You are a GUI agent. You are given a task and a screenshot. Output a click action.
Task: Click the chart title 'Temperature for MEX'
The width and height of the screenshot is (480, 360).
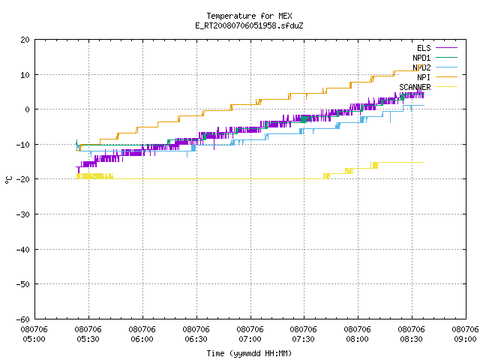tap(249, 16)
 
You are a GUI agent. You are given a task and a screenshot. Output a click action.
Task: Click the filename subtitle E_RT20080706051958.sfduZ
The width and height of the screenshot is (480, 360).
tap(249, 25)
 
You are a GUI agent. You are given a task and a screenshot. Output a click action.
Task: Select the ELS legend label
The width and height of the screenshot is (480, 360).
tap(424, 48)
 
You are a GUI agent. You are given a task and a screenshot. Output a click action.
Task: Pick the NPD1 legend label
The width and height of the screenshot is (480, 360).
tap(421, 58)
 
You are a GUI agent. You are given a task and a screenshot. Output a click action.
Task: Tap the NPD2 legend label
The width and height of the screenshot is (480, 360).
tap(421, 67)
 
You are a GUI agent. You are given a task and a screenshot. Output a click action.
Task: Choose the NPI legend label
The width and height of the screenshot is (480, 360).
tap(424, 77)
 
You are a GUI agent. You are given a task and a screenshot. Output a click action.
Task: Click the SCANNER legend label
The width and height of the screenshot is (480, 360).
tap(415, 87)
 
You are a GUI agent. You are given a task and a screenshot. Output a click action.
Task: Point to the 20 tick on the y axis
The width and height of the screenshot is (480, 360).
tap(25, 40)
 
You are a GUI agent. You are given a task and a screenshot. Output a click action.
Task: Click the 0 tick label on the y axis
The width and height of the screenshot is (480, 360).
tap(28, 109)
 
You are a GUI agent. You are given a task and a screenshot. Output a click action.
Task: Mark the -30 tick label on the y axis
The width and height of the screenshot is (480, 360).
tap(23, 214)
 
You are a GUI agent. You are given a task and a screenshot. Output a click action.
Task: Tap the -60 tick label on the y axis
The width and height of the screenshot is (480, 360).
tap(23, 319)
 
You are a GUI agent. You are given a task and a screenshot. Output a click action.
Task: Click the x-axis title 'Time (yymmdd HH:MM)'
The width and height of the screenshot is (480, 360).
tap(249, 353)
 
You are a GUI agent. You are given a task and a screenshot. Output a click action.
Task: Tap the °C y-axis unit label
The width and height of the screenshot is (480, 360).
tap(9, 180)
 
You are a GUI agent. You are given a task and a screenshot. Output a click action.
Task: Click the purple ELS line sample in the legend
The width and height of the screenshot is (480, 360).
tap(447, 48)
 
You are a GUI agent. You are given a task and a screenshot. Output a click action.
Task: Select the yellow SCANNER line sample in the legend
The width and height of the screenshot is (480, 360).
tap(447, 87)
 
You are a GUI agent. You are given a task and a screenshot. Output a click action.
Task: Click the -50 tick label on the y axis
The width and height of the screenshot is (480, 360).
tap(23, 284)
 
